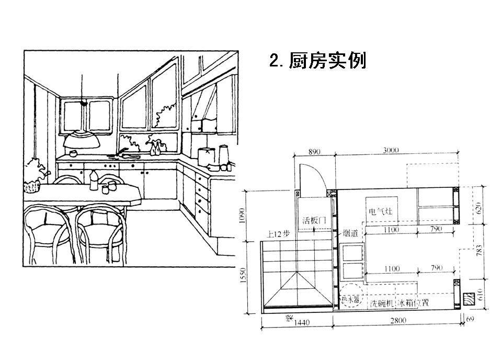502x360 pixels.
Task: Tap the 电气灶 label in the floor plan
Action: click(x=380, y=212)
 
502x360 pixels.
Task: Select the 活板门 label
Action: click(x=314, y=220)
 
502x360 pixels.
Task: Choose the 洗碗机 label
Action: click(x=382, y=303)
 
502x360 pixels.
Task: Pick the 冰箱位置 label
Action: click(x=414, y=303)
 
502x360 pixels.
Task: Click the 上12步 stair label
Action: click(x=278, y=234)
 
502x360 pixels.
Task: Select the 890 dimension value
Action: click(x=313, y=152)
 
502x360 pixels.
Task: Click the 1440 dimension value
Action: click(x=301, y=323)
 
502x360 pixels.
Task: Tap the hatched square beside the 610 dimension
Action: click(x=467, y=299)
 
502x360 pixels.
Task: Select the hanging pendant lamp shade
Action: click(x=81, y=140)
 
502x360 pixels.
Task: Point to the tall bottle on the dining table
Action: click(x=94, y=180)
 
